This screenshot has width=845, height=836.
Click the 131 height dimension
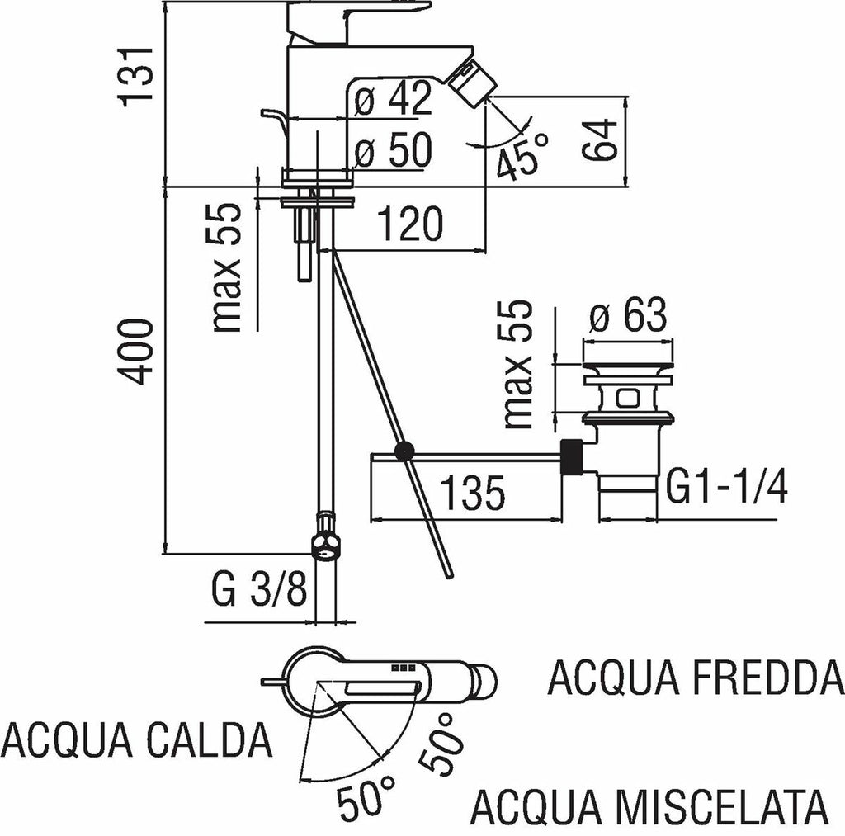pyautogui.click(x=137, y=74)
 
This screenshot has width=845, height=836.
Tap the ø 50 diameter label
pyautogui.click(x=394, y=151)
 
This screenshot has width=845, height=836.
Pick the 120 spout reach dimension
pyautogui.click(x=410, y=224)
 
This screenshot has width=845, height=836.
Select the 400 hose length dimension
pyautogui.click(x=137, y=352)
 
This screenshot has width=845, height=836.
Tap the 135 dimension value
pyautogui.click(x=470, y=494)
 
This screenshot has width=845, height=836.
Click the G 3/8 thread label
pyautogui.click(x=259, y=591)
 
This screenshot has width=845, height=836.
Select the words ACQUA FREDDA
pyautogui.click(x=695, y=678)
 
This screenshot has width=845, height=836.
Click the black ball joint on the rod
pyautogui.click(x=404, y=451)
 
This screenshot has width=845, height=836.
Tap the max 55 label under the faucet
pyautogui.click(x=226, y=267)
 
